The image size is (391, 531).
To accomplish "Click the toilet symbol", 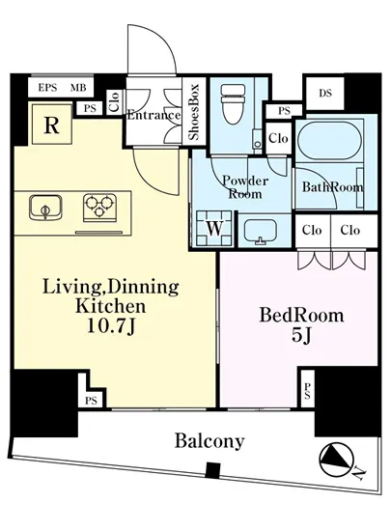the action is pos(233,104).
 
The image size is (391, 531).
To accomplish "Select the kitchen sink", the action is pos(45,208).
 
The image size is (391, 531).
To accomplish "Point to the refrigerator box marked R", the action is pos(52,125).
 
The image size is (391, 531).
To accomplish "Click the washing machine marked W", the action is pos(214,229).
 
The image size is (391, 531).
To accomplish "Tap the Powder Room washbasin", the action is pos(261,232).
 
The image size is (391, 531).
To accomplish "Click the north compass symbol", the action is pos(337,461).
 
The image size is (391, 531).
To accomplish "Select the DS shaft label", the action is pos(325,93).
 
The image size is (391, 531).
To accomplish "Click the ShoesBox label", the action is pos(194,112).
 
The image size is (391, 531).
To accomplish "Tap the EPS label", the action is pos(47,88).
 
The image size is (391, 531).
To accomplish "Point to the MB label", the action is pos(78,88).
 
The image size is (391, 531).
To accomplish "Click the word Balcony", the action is pos(209,441).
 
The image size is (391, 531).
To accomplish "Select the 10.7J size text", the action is pos(112,326).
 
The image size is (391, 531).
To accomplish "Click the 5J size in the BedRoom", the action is pos(301,335).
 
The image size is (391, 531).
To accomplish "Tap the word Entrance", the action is pos(154,116).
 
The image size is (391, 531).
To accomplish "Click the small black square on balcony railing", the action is pos(213,470).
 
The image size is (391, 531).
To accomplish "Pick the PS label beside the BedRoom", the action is pos(307,391).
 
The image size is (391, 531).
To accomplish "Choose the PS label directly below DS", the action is pos(284,111).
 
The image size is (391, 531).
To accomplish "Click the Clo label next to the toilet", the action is pos(278,138).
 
